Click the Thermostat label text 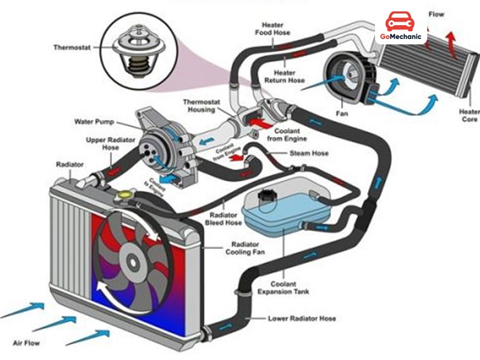tap(73, 47)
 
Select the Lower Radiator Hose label tap(302, 319)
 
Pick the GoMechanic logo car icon tap(400, 23)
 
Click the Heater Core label tap(469, 115)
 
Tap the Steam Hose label tap(309, 154)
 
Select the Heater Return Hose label tap(285, 76)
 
